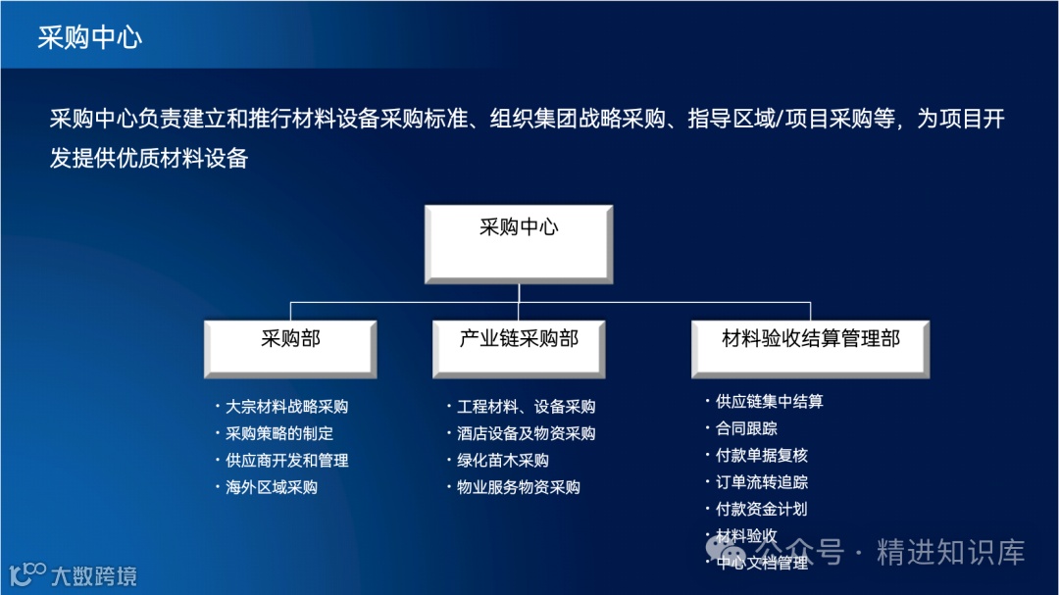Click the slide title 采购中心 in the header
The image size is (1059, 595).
click(x=90, y=37)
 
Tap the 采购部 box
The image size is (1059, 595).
click(x=290, y=348)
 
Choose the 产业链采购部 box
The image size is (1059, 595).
click(x=518, y=348)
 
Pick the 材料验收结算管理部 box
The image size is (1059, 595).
click(x=811, y=348)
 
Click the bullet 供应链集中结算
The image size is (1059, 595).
click(x=769, y=402)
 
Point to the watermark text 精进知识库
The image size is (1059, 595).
click(x=950, y=552)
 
